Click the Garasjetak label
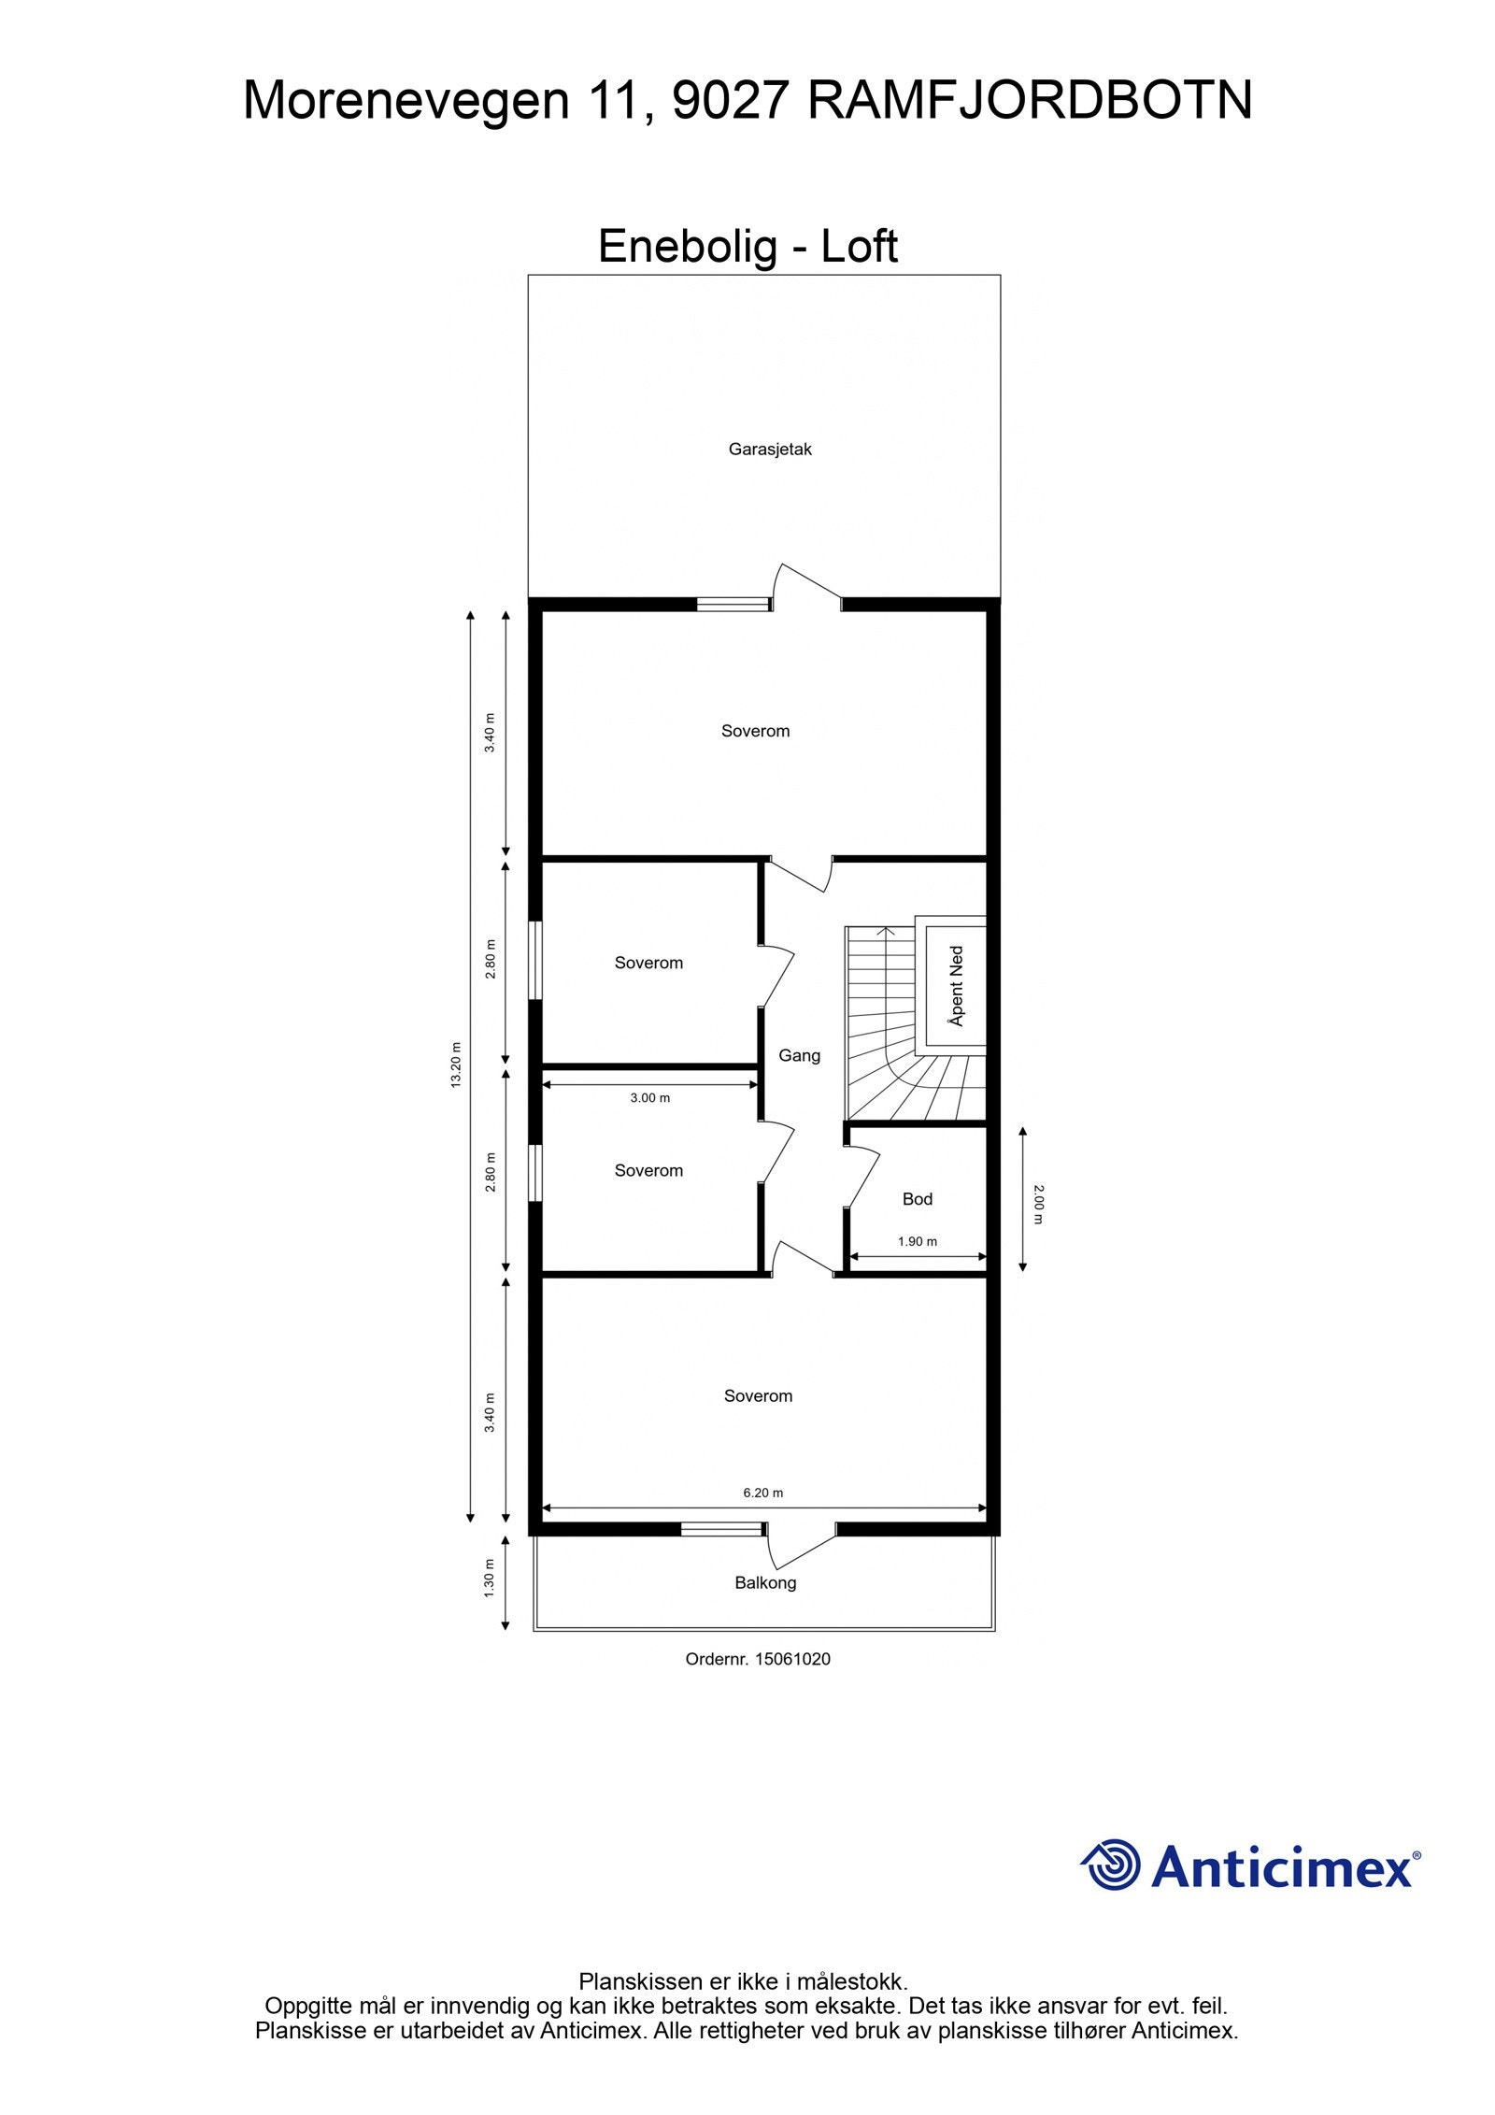pos(770,450)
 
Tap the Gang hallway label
pos(799,1055)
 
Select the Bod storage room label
pos(917,1199)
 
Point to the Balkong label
pos(765,1582)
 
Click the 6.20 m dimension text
pos(762,1493)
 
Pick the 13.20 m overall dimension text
pos(456,1065)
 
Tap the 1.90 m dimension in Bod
pos(917,1242)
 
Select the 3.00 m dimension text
pos(649,1098)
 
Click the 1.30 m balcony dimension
pos(489,1579)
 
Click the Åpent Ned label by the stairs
pos(956,986)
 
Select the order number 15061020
pos(792,1659)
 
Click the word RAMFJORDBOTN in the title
pos(1029,101)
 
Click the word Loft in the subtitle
pos(859,247)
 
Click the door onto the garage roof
pos(806,585)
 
